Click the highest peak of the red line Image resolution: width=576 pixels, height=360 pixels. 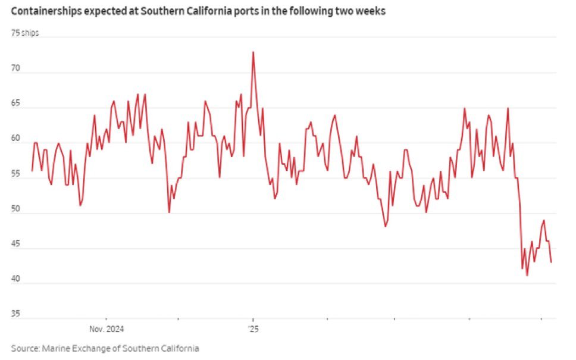tap(253, 52)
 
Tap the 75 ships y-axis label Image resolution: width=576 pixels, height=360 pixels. tap(24, 32)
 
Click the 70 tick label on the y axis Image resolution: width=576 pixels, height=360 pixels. tap(15, 69)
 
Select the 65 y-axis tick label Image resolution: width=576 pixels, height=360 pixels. tap(15, 104)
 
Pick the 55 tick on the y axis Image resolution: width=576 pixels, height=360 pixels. tap(15, 174)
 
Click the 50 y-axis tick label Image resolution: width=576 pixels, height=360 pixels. tap(15, 209)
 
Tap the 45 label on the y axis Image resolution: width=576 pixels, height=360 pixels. tap(15, 245)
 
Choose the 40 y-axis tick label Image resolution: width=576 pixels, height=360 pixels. tap(15, 280)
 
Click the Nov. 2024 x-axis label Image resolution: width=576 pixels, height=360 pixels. tap(106, 328)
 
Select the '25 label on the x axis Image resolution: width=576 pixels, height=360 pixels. tap(252, 328)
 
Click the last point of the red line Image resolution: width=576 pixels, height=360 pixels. tap(551, 262)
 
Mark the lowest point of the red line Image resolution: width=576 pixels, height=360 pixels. tap(527, 275)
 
